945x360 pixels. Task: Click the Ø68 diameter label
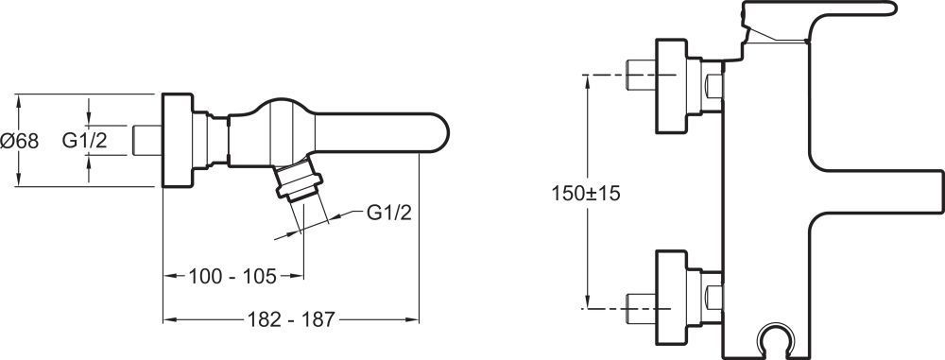point(19,141)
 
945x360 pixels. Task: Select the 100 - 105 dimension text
point(232,276)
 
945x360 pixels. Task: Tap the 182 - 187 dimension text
point(290,319)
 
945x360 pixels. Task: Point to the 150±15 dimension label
point(586,194)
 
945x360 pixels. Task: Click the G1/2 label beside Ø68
point(84,141)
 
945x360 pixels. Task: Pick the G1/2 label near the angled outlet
point(388,213)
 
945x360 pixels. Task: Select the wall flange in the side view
point(178,141)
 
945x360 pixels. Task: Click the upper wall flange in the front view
point(671,86)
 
